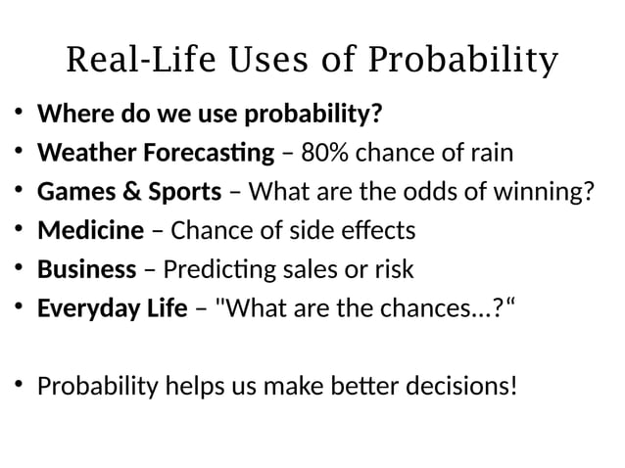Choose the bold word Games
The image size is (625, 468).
coord(72,192)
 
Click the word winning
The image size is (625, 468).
coord(545,192)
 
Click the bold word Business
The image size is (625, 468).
coord(86,269)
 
